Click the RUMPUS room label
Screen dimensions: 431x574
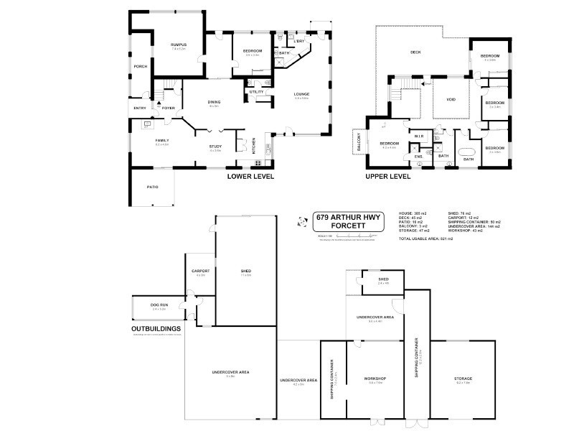[x=179, y=45]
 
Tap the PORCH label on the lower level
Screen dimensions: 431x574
[x=141, y=66]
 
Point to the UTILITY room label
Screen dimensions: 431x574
[x=256, y=92]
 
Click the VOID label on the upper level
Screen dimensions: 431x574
[x=451, y=100]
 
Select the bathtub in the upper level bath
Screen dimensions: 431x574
[x=468, y=152]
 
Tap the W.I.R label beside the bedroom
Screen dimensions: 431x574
[x=420, y=135]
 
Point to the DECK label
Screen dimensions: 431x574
[x=415, y=52]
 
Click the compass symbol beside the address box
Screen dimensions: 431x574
[x=300, y=225]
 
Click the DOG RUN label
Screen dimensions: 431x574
[x=159, y=305]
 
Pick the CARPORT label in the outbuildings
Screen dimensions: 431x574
[x=199, y=272]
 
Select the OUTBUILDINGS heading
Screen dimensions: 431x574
[x=156, y=329]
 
